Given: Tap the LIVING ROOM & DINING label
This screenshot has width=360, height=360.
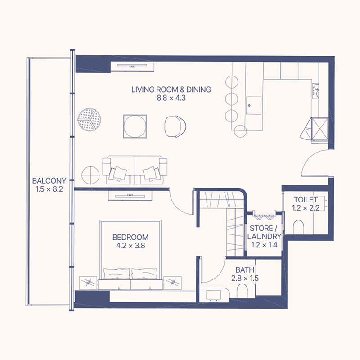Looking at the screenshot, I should point(171,90).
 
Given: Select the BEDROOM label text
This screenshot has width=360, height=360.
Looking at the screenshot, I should point(130,237).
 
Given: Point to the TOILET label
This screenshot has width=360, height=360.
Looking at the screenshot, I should point(306,199).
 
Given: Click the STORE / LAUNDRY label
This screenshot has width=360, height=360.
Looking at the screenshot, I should point(265,232).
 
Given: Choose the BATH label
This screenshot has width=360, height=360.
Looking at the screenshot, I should point(245,270).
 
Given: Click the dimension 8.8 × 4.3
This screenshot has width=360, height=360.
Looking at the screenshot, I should point(171,98).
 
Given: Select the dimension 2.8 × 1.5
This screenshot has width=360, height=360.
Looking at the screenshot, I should point(245,279).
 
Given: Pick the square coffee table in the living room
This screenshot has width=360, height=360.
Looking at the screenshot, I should point(135,126).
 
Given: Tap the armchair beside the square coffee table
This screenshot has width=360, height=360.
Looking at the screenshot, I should point(175,126).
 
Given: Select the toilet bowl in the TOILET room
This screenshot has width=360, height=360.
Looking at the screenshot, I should point(299,227).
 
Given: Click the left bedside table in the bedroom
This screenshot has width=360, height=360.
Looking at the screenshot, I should point(89,283).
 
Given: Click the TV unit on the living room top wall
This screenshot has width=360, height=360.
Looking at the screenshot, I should point(134,66).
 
